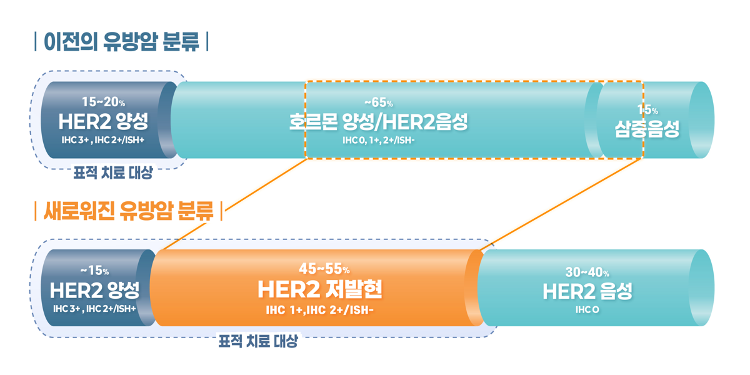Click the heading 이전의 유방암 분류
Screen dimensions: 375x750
(121, 42)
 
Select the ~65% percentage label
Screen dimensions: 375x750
(378, 102)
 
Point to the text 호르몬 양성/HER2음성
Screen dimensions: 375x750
(378, 121)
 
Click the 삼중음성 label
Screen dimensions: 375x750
(647, 128)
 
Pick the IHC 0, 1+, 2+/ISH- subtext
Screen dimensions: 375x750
(378, 139)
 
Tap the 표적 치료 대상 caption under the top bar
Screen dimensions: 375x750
(112, 173)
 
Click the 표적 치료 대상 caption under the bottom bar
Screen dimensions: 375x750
(257, 342)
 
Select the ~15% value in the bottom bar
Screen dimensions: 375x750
(94, 271)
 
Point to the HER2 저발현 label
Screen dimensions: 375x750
(320, 289)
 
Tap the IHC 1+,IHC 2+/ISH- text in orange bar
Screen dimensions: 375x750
(320, 309)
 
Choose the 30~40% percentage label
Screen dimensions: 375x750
(587, 272)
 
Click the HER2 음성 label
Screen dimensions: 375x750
(587, 291)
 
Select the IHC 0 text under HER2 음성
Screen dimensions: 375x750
(587, 309)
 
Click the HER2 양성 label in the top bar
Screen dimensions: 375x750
(103, 121)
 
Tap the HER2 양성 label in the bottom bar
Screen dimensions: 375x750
(94, 290)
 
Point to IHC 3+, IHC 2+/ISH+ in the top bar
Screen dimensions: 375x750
(103, 139)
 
